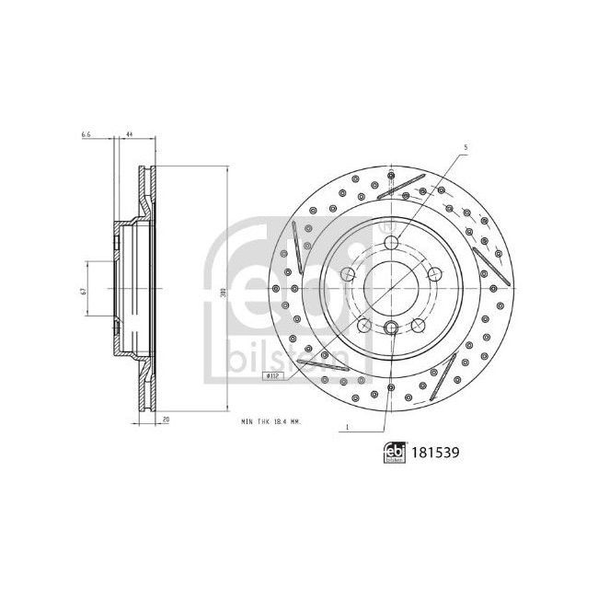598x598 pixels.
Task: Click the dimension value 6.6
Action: pos(86,135)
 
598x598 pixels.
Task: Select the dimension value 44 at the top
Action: pos(130,135)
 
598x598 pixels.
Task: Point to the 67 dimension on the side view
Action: pos(83,290)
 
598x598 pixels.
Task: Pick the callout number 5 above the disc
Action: pos(466,147)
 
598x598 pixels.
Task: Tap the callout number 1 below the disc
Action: pos(346,427)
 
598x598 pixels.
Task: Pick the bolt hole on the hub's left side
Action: pos(349,274)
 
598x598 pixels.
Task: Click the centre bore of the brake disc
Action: pos(392,287)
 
